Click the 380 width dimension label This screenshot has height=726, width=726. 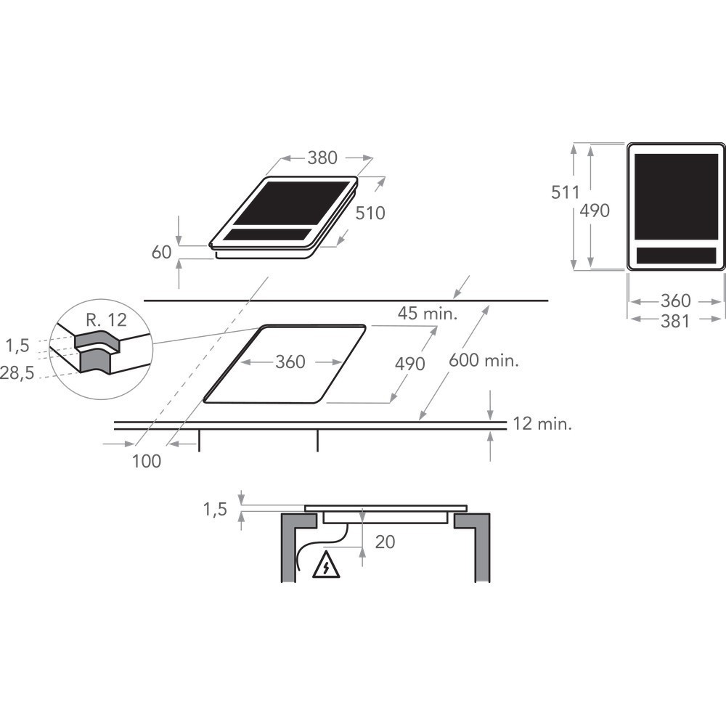[x=322, y=158]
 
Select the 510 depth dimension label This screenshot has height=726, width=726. [x=370, y=213]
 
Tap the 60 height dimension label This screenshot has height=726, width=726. [x=162, y=253]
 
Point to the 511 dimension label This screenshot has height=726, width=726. [x=566, y=192]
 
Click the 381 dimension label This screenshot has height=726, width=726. [x=675, y=321]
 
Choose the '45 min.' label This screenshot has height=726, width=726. [x=428, y=314]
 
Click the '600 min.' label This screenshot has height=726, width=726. [x=484, y=360]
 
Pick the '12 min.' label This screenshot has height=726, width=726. [x=542, y=424]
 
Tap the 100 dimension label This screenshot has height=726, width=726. [x=147, y=461]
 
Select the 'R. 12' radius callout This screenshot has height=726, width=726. [x=106, y=320]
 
